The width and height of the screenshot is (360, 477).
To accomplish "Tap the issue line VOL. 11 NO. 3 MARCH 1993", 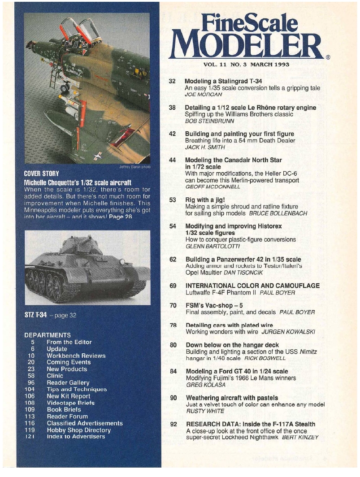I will tap(246, 64).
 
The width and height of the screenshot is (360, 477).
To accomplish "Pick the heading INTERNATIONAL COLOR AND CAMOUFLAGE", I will tap(252, 286).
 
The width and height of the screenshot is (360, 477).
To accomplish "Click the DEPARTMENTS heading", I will tap(48, 334).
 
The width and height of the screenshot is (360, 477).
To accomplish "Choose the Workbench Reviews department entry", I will tap(76, 356).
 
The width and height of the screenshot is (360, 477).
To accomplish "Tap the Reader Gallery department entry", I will tap(68, 382).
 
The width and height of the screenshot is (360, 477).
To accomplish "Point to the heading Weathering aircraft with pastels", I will tap(231, 398).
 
